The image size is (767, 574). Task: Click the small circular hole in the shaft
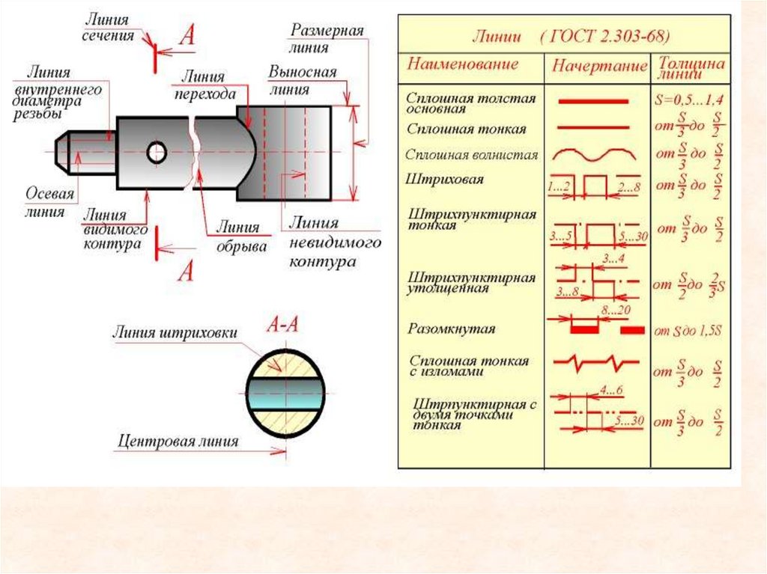[157, 153]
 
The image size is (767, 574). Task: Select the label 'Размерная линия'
[327, 39]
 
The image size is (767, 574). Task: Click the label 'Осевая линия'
[50, 202]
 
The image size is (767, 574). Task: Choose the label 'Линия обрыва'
[238, 236]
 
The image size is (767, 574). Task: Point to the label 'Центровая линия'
[178, 441]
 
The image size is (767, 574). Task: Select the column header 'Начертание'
[599, 66]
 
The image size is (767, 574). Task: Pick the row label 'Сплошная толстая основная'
[471, 103]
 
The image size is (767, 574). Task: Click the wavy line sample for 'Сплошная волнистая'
[595, 153]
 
